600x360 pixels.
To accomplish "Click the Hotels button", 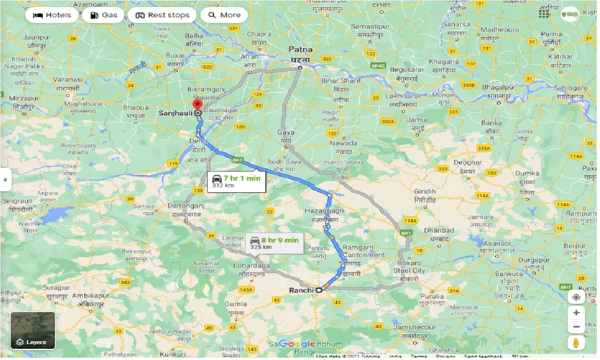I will pyautogui.click(x=52, y=15).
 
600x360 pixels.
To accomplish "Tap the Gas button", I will pyautogui.click(x=103, y=15).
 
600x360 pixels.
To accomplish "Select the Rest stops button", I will pyautogui.click(x=162, y=15).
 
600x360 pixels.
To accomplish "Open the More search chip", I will pyautogui.click(x=224, y=15).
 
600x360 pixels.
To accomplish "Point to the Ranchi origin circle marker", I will pyautogui.click(x=319, y=290).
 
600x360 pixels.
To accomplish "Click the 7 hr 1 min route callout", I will pyautogui.click(x=236, y=181).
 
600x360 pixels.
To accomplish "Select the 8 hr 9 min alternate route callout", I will pyautogui.click(x=274, y=243).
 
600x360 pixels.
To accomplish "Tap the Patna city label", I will pyautogui.click(x=300, y=49).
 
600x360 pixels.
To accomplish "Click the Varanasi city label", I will pyautogui.click(x=67, y=80).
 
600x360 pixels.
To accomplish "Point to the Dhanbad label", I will pyautogui.click(x=439, y=231).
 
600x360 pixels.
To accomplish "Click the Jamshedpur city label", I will pyautogui.click(x=415, y=327).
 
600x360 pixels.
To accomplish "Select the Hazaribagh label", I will pyautogui.click(x=324, y=211).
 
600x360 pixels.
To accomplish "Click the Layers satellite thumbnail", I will pyautogui.click(x=33, y=330).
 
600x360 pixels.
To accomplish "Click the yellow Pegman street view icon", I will pyautogui.click(x=576, y=342).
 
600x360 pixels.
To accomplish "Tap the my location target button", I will pyautogui.click(x=576, y=297).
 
